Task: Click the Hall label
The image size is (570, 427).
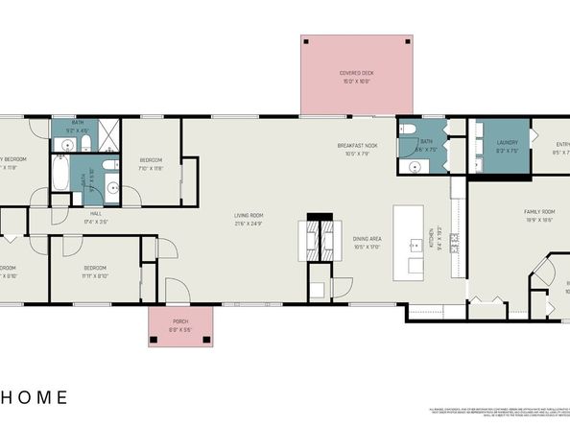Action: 96,216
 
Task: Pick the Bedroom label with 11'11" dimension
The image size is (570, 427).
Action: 94,269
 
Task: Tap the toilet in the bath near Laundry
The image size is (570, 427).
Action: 409,132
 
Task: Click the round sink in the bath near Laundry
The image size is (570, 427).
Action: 415,165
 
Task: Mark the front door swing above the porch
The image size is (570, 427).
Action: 176,290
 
